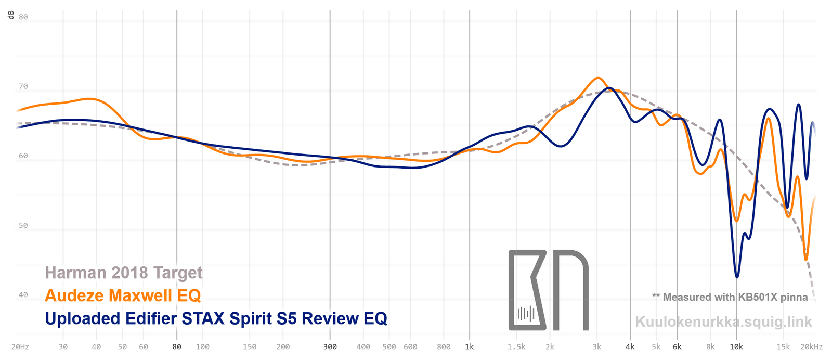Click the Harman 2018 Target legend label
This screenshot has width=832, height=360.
[124, 273]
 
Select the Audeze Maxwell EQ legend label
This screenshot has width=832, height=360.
[123, 295]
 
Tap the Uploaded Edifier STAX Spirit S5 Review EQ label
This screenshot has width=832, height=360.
[216, 318]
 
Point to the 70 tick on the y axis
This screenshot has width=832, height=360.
[23, 86]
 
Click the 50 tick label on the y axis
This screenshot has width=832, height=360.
[23, 225]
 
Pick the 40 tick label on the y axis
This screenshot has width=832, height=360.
[23, 294]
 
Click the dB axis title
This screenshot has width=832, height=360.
[11, 15]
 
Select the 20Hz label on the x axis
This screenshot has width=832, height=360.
[20, 346]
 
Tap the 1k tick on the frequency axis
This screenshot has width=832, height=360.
[470, 346]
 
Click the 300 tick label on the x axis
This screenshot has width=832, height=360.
[330, 346]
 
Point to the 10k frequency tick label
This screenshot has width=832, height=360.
[736, 346]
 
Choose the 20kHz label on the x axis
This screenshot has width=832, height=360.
[812, 346]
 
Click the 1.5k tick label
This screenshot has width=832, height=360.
[517, 346]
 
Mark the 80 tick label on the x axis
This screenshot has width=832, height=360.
[177, 346]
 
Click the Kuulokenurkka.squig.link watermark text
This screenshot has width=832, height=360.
[723, 322]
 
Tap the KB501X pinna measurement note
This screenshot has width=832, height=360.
[730, 297]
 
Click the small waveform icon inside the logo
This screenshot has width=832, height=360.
[526, 314]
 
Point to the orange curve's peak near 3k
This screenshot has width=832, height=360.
[598, 78]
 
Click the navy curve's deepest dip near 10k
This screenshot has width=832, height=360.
[737, 277]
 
